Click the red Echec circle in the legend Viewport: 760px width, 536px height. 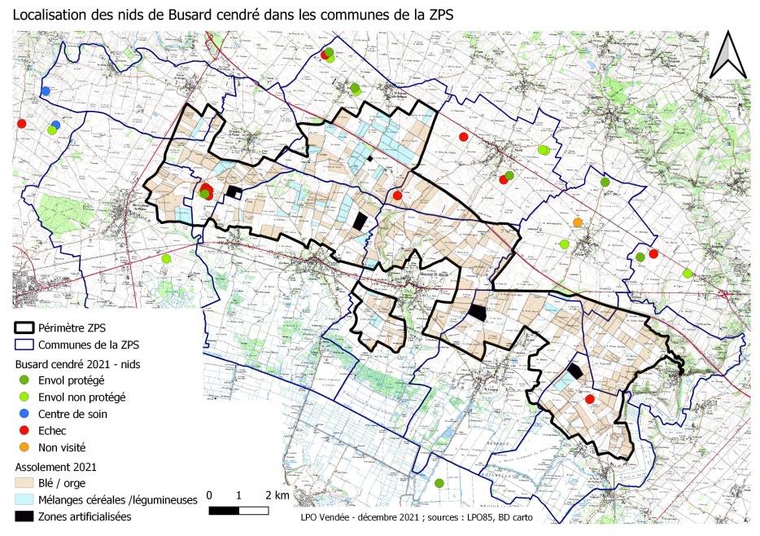pyautogui.click(x=23, y=430)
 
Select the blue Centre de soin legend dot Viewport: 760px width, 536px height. pyautogui.click(x=23, y=414)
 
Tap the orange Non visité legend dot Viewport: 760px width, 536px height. pyautogui.click(x=23, y=447)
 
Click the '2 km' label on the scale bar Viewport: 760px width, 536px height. pyautogui.click(x=276, y=495)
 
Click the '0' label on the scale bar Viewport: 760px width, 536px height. pyautogui.click(x=210, y=495)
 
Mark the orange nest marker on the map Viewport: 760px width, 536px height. pyautogui.click(x=578, y=222)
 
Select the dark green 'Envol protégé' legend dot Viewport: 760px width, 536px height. pyautogui.click(x=23, y=380)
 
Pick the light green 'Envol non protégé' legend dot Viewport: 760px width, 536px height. pyautogui.click(x=23, y=397)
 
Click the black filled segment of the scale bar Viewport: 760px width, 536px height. pyautogui.click(x=225, y=511)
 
